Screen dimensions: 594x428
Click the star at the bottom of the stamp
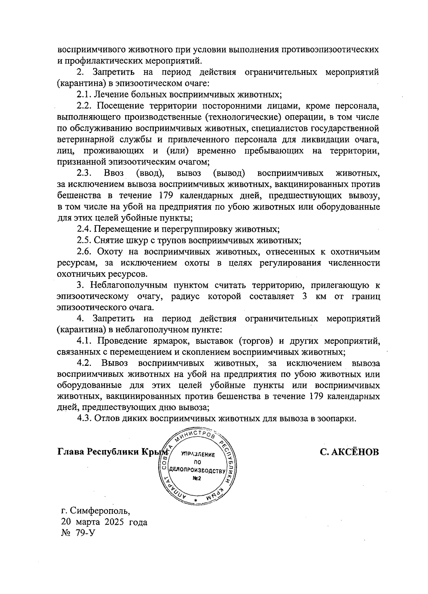pyautogui.click(x=196, y=501)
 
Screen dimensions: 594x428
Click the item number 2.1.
pyautogui.click(x=85, y=95)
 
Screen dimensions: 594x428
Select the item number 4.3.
pyautogui.click(x=85, y=418)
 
